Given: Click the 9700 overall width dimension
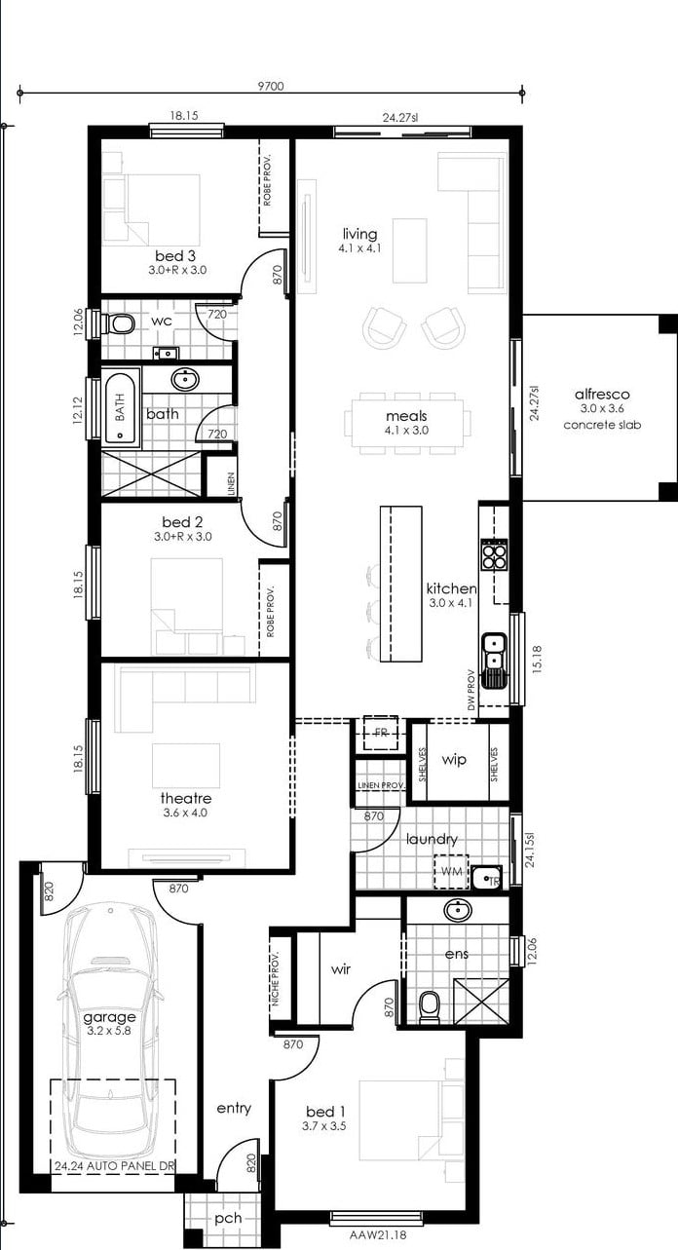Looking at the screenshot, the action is (x=271, y=86).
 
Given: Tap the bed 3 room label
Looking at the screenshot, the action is (x=175, y=256).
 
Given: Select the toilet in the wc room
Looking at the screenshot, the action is (x=120, y=323).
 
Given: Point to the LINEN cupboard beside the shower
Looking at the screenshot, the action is (x=221, y=477).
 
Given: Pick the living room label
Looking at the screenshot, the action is (x=359, y=234).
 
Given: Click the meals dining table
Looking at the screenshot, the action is (x=407, y=423).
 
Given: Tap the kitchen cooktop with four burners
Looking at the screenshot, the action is (x=495, y=554).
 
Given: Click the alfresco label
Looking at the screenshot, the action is (x=602, y=394).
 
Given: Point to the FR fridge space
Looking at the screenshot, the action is (x=381, y=734).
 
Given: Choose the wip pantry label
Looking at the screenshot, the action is (x=454, y=760).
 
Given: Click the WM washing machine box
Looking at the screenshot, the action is (x=451, y=871).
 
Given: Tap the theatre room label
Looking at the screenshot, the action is (x=186, y=798).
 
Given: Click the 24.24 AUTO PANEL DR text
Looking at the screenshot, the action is (x=115, y=1166).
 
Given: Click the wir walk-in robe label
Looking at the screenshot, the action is (x=340, y=968).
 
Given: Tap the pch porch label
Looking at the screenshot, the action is (x=228, y=1218).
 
